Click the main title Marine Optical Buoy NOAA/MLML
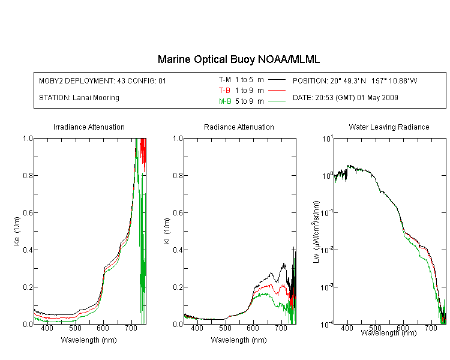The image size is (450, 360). (x=238, y=59)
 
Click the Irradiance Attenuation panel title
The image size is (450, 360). (x=89, y=127)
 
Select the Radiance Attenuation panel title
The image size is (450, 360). (x=239, y=127)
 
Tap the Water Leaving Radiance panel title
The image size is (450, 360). (x=389, y=127)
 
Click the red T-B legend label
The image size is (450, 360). (x=224, y=91)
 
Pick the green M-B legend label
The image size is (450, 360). (x=225, y=101)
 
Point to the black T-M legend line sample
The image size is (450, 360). (x=277, y=80)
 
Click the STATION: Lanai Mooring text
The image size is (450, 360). (x=79, y=98)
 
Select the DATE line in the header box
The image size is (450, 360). (x=346, y=98)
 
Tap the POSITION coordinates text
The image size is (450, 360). (x=355, y=80)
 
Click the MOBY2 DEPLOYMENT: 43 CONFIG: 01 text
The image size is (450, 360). (x=103, y=80)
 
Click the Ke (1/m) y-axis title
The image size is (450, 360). (x=17, y=231)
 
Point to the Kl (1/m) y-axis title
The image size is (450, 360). (x=167, y=231)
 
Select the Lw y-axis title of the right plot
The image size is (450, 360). (x=316, y=232)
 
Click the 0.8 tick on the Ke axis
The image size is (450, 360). (x=28, y=175)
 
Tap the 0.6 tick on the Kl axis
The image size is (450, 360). (x=178, y=213)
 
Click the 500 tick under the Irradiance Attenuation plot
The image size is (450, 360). (x=75, y=328)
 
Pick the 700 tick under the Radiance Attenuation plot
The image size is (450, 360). (x=281, y=328)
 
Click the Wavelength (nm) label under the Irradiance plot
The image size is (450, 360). (x=89, y=340)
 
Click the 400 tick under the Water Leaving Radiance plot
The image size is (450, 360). (x=347, y=328)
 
